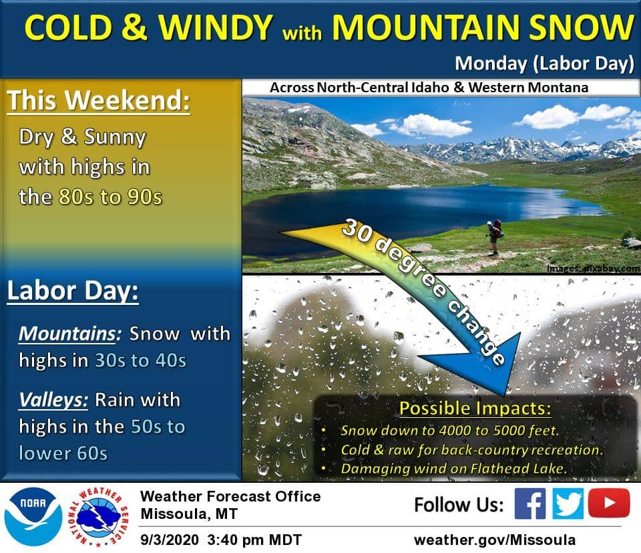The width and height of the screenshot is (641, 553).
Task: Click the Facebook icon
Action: [529, 504]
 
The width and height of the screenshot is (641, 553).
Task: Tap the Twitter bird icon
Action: [568, 504]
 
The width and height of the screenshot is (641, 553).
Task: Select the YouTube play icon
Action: [609, 503]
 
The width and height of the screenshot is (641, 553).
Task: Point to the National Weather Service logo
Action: [99, 517]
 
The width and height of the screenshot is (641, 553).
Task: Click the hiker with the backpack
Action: [494, 237]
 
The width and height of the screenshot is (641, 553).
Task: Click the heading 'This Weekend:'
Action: [99, 100]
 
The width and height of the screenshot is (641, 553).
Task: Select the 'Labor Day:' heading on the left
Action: [73, 291]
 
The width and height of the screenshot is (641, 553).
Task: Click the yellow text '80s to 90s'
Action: [110, 197]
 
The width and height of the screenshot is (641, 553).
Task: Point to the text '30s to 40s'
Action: [140, 360]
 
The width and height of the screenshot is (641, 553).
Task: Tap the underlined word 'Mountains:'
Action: [70, 334]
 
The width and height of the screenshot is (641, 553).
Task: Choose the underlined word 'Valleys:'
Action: [53, 400]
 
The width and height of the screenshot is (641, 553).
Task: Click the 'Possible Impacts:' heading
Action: [475, 408]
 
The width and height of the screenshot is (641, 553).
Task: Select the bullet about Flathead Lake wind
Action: [454, 468]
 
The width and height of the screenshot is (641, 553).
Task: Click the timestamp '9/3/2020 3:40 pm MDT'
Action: [221, 540]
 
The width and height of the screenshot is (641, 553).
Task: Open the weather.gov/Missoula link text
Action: [495, 540]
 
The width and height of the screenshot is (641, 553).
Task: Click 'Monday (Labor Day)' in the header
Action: [545, 64]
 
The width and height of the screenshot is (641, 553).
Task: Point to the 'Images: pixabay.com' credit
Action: [593, 269]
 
